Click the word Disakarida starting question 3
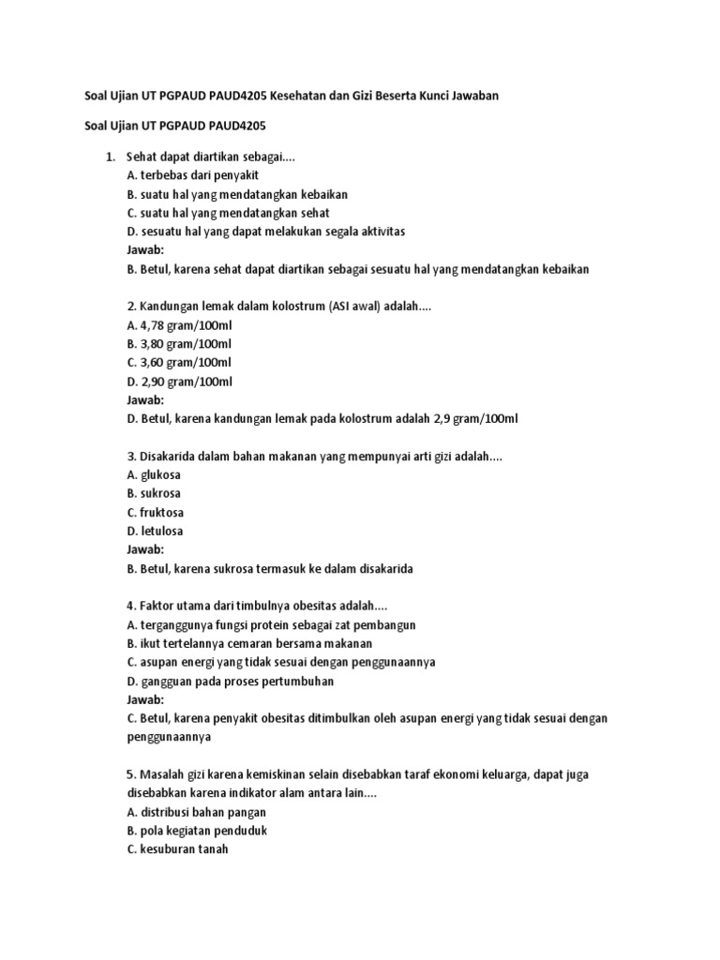click(x=169, y=457)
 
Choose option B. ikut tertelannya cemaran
click(x=248, y=644)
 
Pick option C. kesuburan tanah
click(x=177, y=849)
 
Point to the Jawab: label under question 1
click(x=144, y=250)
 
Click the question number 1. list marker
click(x=110, y=157)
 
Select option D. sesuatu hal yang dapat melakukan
click(x=265, y=232)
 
